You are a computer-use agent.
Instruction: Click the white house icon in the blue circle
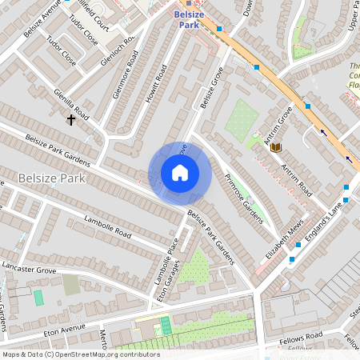pyautogui.click(x=180, y=173)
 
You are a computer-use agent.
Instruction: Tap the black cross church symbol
pyautogui.click(x=71, y=120)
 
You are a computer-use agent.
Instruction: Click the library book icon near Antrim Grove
pyautogui.click(x=276, y=147)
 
